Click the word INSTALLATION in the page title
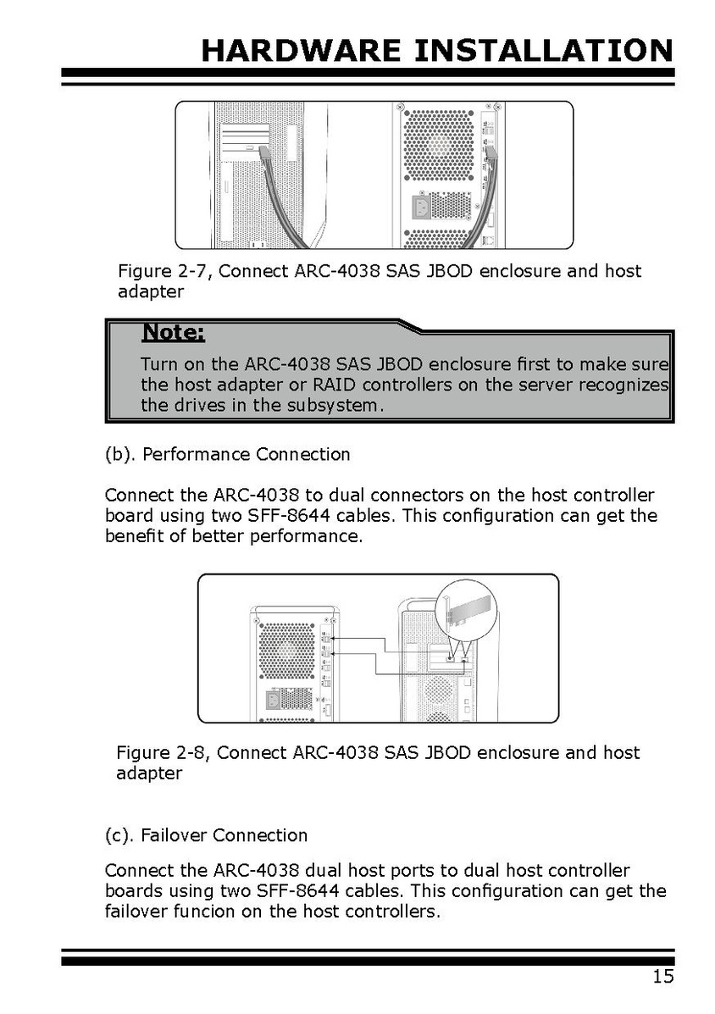point(543,51)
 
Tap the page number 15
point(663,977)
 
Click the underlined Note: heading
point(173,332)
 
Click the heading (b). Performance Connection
point(227,454)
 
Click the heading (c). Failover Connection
point(206,835)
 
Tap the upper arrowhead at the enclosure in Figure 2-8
point(335,637)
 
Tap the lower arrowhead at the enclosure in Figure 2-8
point(335,655)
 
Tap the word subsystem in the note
point(336,405)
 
